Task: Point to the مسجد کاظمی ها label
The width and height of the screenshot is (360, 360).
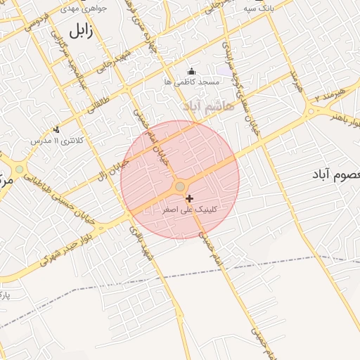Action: coord(192,82)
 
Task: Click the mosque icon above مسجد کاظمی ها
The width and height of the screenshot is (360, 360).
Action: coord(192,71)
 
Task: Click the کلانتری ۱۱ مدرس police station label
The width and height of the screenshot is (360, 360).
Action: coord(56,140)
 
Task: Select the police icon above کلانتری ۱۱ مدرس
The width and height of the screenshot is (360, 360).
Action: coord(56,129)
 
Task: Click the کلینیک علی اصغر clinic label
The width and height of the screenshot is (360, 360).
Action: coord(189,210)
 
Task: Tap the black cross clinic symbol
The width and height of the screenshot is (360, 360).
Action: coord(189,199)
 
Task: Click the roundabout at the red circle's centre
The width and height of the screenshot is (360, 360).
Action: coord(180,186)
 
